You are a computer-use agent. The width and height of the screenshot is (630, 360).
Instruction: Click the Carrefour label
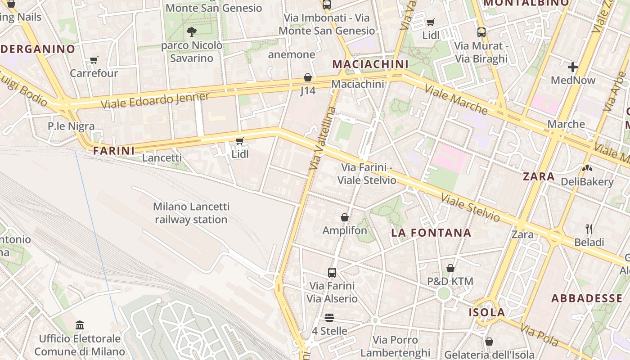(x=94, y=73)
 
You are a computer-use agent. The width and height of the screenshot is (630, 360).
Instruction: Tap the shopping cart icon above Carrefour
(x=94, y=60)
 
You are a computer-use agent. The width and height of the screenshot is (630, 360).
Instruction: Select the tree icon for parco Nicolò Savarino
(x=191, y=31)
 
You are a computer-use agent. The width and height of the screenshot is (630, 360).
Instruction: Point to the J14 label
(x=308, y=91)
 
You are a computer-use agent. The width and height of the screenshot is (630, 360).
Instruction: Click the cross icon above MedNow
(x=572, y=67)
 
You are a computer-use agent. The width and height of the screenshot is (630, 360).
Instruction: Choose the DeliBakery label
(x=587, y=182)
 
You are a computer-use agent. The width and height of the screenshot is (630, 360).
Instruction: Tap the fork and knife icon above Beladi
(x=589, y=229)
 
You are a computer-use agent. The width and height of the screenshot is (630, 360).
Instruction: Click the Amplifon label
(x=345, y=230)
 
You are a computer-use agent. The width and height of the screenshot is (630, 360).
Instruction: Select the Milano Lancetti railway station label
(x=191, y=213)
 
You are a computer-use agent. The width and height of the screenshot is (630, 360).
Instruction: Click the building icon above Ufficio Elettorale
(x=80, y=324)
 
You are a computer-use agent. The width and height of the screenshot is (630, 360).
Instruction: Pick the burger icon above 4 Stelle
(x=329, y=318)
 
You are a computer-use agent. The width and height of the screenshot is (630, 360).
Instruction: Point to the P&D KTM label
(x=450, y=282)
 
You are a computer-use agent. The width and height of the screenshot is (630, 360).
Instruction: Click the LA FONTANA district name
(x=431, y=233)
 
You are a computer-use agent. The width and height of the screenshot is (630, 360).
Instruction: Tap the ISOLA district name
(x=487, y=312)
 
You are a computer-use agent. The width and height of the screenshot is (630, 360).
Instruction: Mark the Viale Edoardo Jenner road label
(x=155, y=100)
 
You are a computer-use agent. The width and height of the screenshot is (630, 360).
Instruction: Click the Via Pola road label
(x=540, y=335)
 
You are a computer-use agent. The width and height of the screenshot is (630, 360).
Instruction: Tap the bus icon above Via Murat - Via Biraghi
(x=481, y=32)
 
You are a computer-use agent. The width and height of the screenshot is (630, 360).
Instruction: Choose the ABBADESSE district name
(x=587, y=298)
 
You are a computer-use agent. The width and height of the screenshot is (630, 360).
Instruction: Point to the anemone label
(x=292, y=55)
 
